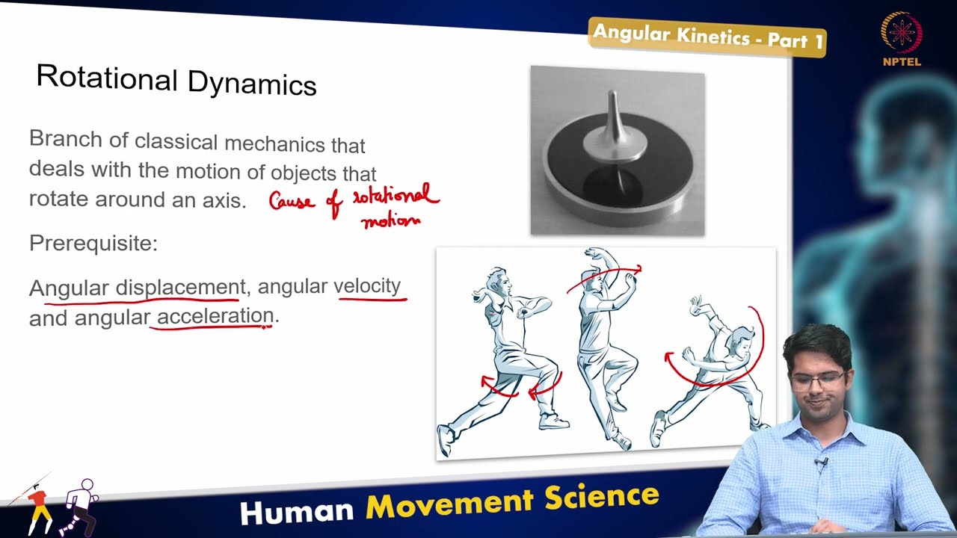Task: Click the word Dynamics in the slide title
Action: (252, 83)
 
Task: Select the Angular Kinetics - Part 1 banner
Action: (707, 36)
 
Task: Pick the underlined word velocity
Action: (366, 285)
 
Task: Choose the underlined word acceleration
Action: (215, 316)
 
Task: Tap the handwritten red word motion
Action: (390, 220)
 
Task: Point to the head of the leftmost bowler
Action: (499, 282)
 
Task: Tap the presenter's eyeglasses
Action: (817, 380)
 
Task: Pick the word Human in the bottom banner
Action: (297, 511)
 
